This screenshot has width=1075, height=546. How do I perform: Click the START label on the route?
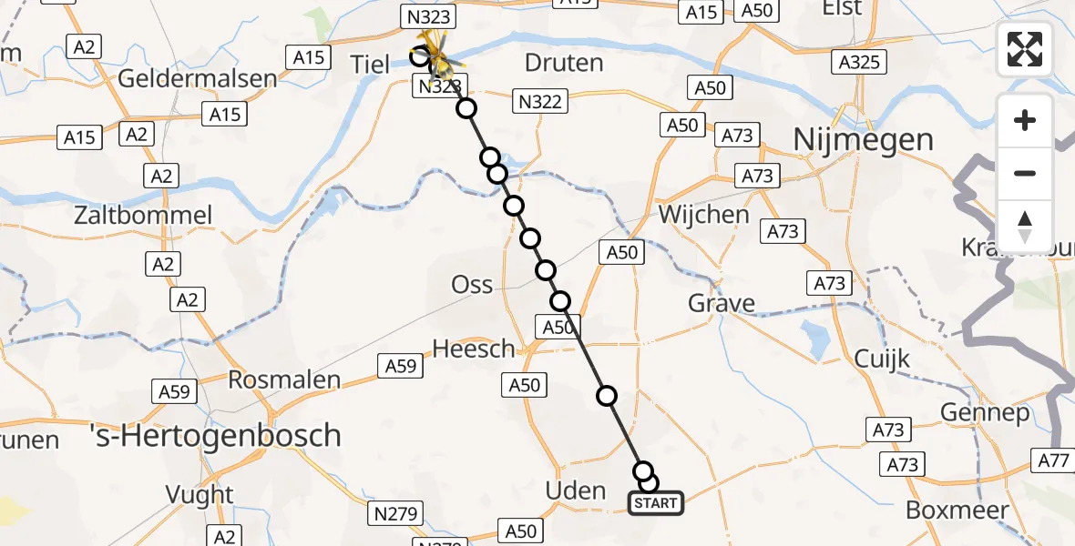pyautogui.click(x=656, y=503)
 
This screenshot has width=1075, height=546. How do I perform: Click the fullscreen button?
pyautogui.click(x=1025, y=49)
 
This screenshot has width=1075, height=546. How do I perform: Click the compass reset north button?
pyautogui.click(x=1025, y=227)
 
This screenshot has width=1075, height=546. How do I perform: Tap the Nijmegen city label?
pyautogui.click(x=863, y=140)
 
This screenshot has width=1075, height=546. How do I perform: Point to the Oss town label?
pyautogui.click(x=472, y=285)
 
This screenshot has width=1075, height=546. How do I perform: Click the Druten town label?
pyautogui.click(x=564, y=63)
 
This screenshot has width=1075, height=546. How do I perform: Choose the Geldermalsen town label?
pyautogui.click(x=197, y=78)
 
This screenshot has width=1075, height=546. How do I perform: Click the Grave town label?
pyautogui.click(x=722, y=302)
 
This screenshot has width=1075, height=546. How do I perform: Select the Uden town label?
pyautogui.click(x=575, y=490)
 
